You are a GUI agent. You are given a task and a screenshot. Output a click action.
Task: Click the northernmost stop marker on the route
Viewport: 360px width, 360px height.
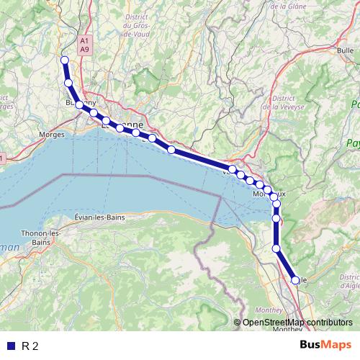point(64,60)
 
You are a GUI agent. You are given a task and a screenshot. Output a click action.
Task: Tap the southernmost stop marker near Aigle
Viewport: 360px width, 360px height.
point(294,280)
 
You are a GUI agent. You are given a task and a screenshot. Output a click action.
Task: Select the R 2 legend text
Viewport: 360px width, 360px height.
point(30,346)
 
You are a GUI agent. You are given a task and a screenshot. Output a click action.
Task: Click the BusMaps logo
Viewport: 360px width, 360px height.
point(326,346)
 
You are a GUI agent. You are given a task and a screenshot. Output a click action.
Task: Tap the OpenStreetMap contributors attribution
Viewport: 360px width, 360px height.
point(297,322)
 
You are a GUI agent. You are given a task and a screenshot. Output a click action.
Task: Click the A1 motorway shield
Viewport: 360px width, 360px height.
point(85,40)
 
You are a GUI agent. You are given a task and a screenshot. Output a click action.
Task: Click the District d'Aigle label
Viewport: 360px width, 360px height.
point(349,281)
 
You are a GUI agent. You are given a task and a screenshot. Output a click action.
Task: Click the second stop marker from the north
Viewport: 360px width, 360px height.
point(69,83)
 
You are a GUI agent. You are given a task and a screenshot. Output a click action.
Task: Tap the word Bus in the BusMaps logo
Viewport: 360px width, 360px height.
point(312,346)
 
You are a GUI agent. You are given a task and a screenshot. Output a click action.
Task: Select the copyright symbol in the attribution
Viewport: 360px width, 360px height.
point(238,322)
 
